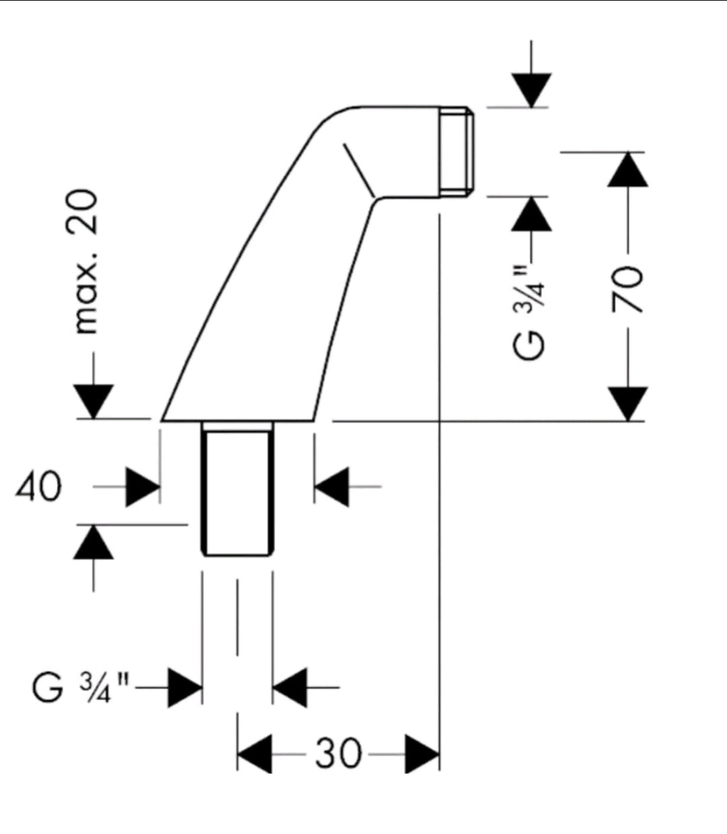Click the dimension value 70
pyautogui.click(x=627, y=288)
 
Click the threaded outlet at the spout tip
pyautogui.click(x=457, y=152)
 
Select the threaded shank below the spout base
pyautogui.click(x=237, y=489)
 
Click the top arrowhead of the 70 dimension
pyautogui.click(x=627, y=169)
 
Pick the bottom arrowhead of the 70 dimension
pyautogui.click(x=627, y=404)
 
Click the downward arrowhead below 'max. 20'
pyautogui.click(x=94, y=402)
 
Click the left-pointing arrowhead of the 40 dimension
pyautogui.click(x=332, y=486)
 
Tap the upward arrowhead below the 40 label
pyautogui.click(x=93, y=542)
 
